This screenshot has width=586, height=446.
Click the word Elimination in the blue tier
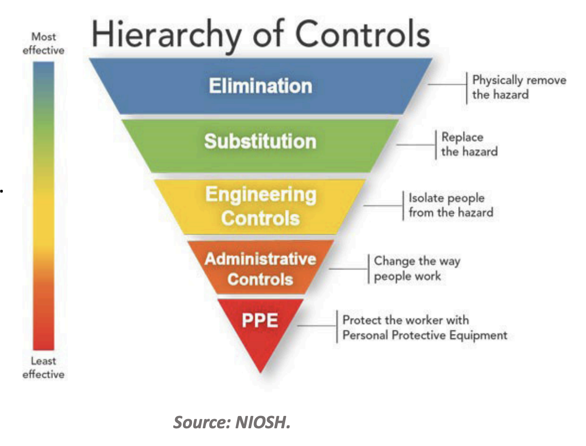tap(260, 86)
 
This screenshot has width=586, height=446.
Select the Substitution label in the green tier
tap(260, 141)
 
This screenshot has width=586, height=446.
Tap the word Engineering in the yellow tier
tap(261, 194)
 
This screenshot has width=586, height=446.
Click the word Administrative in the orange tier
tap(260, 258)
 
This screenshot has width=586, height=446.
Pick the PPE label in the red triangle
tap(260, 320)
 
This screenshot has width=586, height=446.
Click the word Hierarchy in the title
tap(167, 35)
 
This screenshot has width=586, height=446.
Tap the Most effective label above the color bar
tap(44, 43)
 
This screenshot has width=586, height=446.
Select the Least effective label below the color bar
tap(44, 367)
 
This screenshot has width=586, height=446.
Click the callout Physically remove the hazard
tap(519, 87)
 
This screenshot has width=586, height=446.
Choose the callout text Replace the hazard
tap(469, 144)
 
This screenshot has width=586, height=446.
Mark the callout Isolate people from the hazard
tap(450, 205)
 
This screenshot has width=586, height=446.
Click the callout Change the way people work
tap(417, 268)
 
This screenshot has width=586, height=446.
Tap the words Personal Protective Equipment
tap(424, 335)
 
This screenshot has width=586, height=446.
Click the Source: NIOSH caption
tap(232, 422)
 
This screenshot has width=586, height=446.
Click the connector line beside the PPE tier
tap(317, 326)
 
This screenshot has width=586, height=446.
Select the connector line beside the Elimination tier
tap(447, 85)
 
